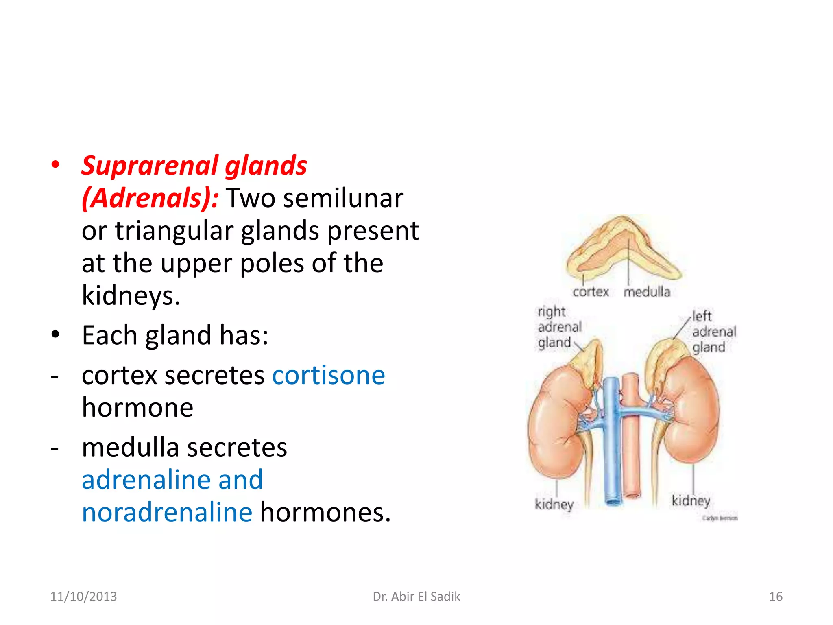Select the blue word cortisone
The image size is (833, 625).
pyautogui.click(x=328, y=375)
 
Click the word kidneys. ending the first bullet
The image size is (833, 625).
pyautogui.click(x=131, y=295)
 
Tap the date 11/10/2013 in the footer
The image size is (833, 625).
pyautogui.click(x=83, y=597)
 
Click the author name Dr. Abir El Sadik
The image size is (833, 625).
pyautogui.click(x=416, y=597)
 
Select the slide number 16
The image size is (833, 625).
pyautogui.click(x=775, y=597)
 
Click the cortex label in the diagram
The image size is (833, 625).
pyautogui.click(x=591, y=292)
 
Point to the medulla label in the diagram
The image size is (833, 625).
pyautogui.click(x=647, y=292)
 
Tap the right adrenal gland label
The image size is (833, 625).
pyautogui.click(x=559, y=327)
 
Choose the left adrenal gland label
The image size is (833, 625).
pyautogui.click(x=713, y=332)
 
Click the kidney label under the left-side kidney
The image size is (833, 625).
pyautogui.click(x=554, y=504)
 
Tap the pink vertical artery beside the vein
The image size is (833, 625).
pyautogui.click(x=631, y=448)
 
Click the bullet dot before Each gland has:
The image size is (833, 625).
pyautogui.click(x=55, y=335)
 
